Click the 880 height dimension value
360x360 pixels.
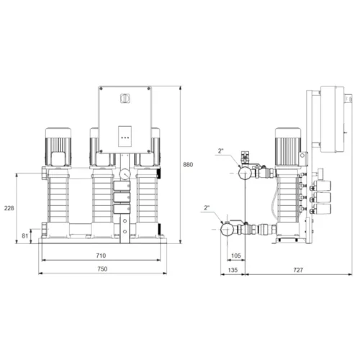[188, 165]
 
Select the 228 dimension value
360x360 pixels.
[9, 208]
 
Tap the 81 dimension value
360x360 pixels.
[25, 236]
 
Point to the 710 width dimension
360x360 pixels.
[101, 256]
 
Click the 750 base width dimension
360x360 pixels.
[102, 269]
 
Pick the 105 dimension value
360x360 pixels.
[235, 256]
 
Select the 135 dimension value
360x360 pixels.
[233, 270]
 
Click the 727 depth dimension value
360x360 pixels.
[298, 270]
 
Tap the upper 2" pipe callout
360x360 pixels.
[220, 151]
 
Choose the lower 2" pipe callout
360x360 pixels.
[207, 208]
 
